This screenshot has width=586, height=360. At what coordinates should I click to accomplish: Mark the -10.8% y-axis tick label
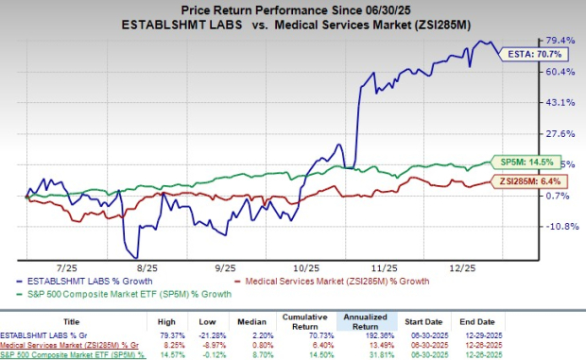tap(560, 227)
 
